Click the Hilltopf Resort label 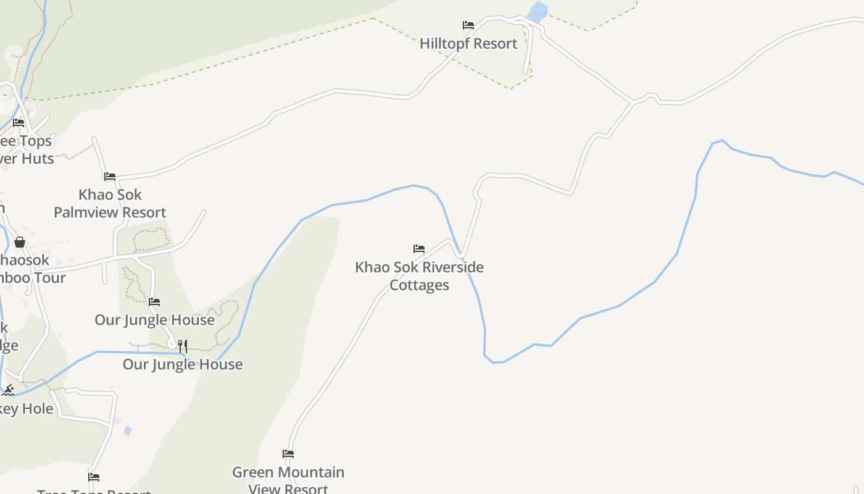pyautogui.click(x=468, y=44)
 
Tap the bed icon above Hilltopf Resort pyautogui.click(x=468, y=25)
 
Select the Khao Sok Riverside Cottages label pyautogui.click(x=420, y=276)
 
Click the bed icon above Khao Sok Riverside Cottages pyautogui.click(x=419, y=249)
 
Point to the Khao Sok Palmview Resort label pyautogui.click(x=110, y=203)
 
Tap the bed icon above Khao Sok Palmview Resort pyautogui.click(x=110, y=177)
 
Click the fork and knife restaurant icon pyautogui.click(x=182, y=346)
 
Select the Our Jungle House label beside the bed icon pyautogui.click(x=154, y=320)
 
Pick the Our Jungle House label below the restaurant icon pyautogui.click(x=183, y=364)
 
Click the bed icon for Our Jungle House pyautogui.click(x=154, y=302)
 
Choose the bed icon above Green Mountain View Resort pyautogui.click(x=288, y=454)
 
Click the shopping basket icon pyautogui.click(x=20, y=242)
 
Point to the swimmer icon pyautogui.click(x=8, y=390)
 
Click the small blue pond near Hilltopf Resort pyautogui.click(x=538, y=12)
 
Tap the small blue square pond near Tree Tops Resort pyautogui.click(x=128, y=431)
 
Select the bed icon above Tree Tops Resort pyautogui.click(x=94, y=477)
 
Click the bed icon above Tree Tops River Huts pyautogui.click(x=19, y=123)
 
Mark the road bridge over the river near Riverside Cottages pyautogui.click(x=460, y=254)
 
